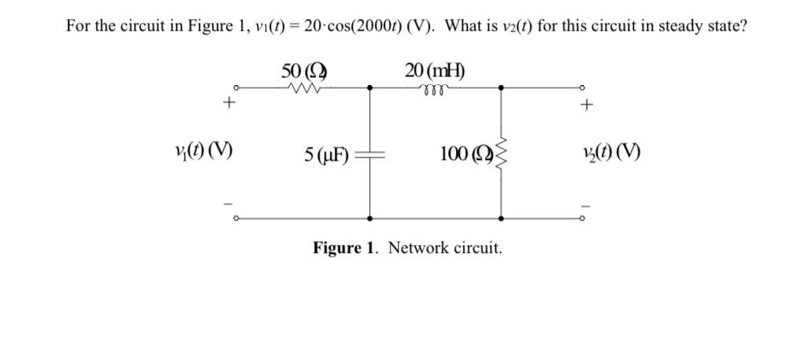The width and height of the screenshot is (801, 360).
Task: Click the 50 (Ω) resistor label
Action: click(x=304, y=70)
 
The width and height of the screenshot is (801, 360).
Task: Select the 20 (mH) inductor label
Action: click(x=435, y=70)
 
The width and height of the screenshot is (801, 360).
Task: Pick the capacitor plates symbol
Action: click(x=369, y=154)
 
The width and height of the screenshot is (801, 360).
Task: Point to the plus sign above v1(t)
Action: click(x=229, y=102)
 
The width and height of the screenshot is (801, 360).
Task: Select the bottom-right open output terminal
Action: click(x=583, y=218)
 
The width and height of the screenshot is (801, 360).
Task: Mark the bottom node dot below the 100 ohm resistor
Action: click(x=501, y=218)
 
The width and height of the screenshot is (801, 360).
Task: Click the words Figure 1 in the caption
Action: click(x=346, y=248)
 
